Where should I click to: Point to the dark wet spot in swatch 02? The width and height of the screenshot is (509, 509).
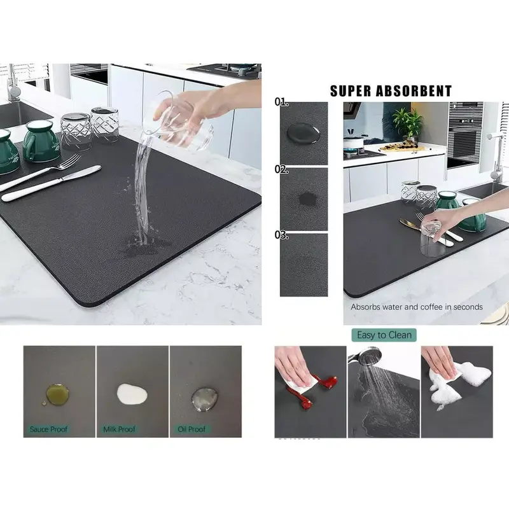pyautogui.click(x=305, y=199)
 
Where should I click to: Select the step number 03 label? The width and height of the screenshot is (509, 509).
pyautogui.click(x=282, y=235)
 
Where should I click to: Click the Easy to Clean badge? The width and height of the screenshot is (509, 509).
pyautogui.click(x=384, y=335)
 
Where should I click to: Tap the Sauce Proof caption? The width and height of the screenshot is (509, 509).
pyautogui.click(x=48, y=429)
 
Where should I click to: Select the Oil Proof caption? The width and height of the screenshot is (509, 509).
pyautogui.click(x=191, y=429)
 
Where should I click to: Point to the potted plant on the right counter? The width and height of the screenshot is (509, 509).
pyautogui.click(x=407, y=122)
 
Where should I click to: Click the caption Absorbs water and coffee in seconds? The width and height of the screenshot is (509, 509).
pyautogui.click(x=417, y=307)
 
